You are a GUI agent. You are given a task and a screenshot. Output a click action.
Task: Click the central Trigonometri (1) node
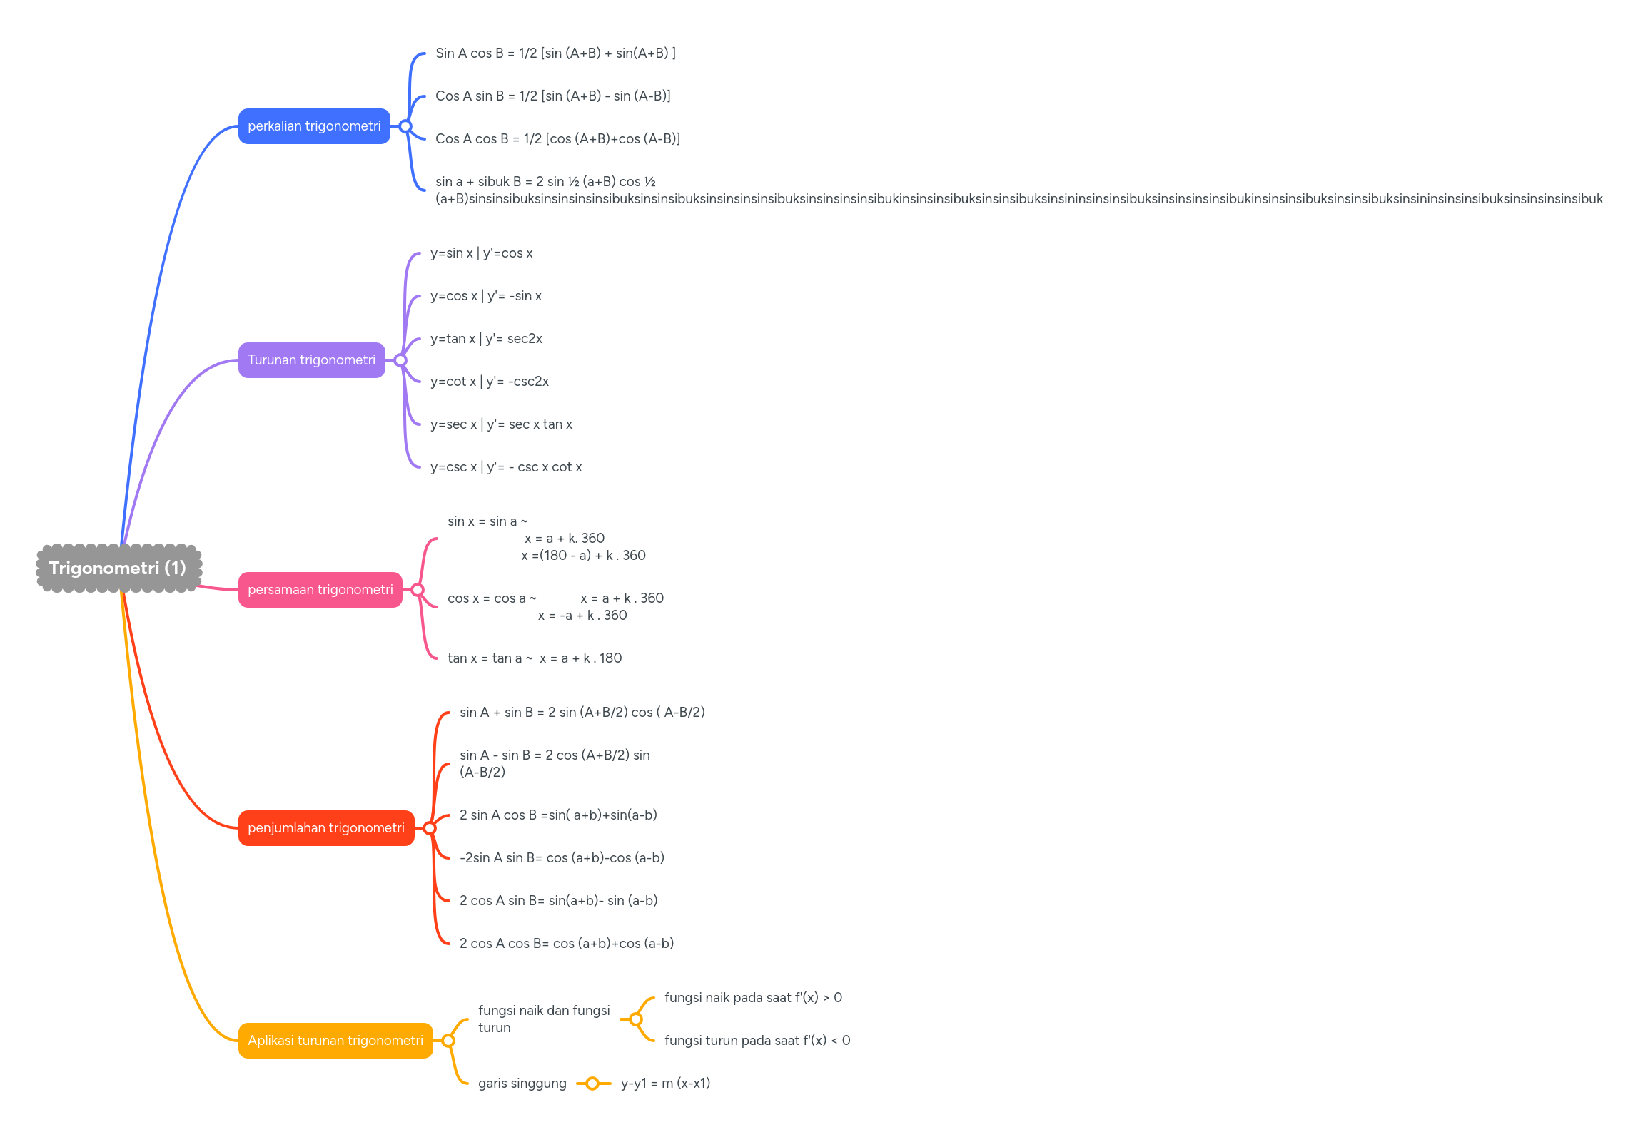click(118, 568)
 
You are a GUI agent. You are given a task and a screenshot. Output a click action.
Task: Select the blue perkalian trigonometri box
click(314, 126)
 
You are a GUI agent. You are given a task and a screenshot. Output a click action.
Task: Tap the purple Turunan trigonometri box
click(311, 360)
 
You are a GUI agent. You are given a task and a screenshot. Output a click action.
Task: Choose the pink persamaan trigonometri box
click(320, 590)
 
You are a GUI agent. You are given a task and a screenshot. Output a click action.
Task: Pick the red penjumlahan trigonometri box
click(325, 828)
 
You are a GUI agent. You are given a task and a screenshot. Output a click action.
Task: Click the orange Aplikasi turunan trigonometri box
click(335, 1041)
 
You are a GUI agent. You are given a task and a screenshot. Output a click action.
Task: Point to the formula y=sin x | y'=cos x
click(481, 253)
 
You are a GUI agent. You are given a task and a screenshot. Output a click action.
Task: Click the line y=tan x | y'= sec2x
click(486, 339)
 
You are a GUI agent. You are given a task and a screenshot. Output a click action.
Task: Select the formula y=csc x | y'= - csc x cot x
click(506, 467)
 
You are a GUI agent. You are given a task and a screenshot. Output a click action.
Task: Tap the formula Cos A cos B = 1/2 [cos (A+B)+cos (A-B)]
click(557, 139)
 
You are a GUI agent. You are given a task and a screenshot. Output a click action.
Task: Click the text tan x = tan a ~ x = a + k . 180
click(535, 658)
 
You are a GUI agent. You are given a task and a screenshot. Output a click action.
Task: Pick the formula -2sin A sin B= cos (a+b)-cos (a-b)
click(562, 858)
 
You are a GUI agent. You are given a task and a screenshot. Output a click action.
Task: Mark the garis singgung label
click(522, 1084)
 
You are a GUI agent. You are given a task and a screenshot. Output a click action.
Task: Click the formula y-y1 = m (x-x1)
click(665, 1084)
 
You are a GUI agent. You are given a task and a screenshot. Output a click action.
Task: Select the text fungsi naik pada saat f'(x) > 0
click(753, 998)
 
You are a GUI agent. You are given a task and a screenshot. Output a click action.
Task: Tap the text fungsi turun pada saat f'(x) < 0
click(757, 1041)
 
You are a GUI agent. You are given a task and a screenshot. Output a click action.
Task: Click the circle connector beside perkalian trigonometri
click(405, 126)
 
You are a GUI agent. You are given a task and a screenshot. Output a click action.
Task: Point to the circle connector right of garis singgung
click(592, 1084)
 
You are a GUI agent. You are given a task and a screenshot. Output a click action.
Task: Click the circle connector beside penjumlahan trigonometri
click(430, 828)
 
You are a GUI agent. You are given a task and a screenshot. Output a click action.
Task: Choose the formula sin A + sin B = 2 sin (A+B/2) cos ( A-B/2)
click(582, 713)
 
